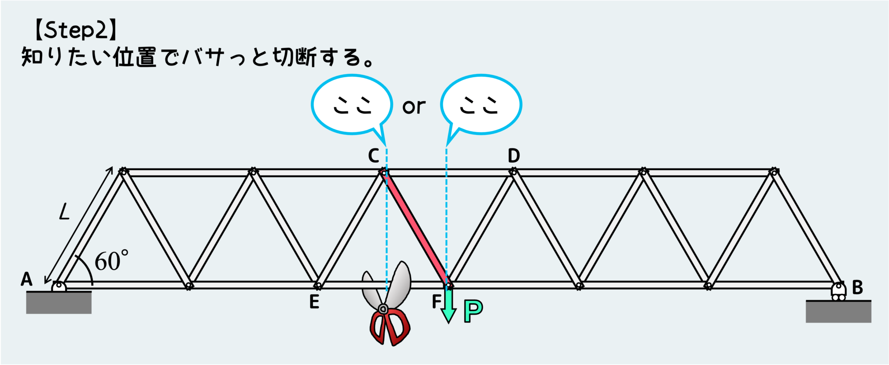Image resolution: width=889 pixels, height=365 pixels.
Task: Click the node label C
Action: click(x=373, y=155)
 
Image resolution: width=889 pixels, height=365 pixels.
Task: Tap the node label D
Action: click(x=514, y=155)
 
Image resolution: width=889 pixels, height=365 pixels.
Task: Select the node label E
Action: click(x=314, y=302)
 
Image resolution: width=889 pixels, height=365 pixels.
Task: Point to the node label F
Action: click(x=436, y=301)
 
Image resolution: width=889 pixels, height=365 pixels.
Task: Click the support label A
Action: click(x=26, y=279)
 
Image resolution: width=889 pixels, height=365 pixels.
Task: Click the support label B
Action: click(x=857, y=287)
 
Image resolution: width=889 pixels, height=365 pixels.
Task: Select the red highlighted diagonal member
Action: click(x=416, y=228)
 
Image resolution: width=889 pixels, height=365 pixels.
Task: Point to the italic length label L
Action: click(x=64, y=212)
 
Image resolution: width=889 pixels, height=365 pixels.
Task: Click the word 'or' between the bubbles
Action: click(x=414, y=107)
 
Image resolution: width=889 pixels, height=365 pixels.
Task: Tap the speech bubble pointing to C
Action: click(x=352, y=105)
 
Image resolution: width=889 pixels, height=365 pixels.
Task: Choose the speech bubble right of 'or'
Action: click(x=481, y=105)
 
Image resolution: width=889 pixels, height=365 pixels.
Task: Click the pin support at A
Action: click(x=59, y=286)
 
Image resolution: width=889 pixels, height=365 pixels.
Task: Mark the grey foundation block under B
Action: click(x=838, y=312)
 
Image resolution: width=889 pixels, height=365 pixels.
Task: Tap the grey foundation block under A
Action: click(x=59, y=303)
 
